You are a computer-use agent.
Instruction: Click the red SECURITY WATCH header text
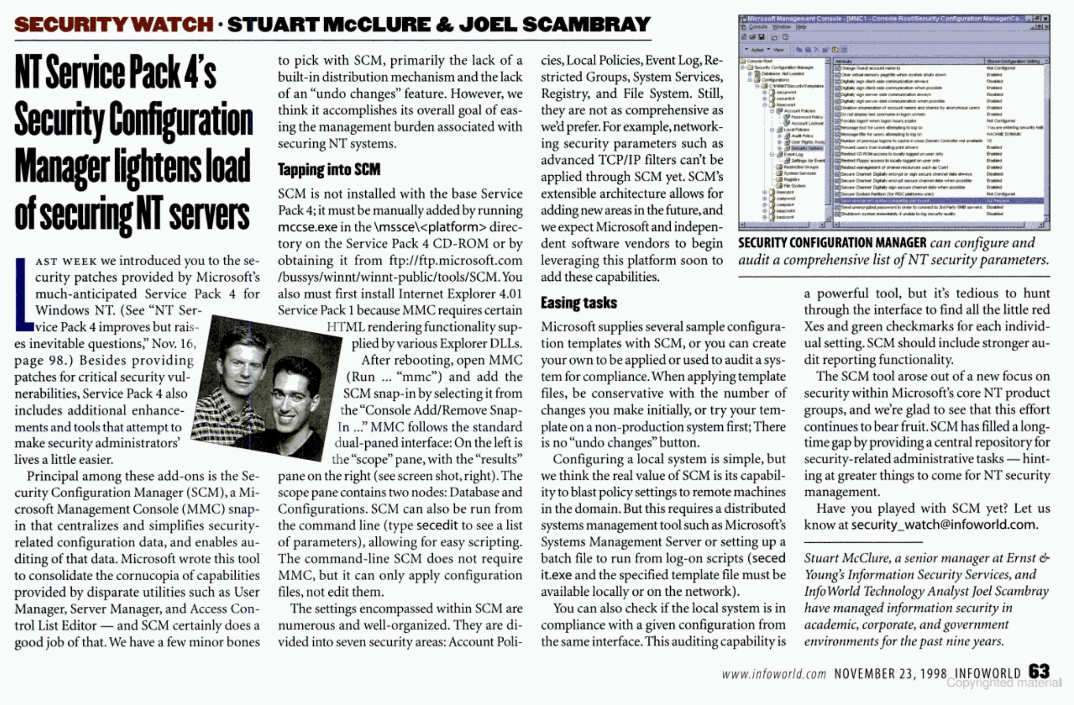click(x=113, y=24)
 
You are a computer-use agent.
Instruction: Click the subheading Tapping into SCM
click(x=329, y=169)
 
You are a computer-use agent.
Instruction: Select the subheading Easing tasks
click(x=579, y=303)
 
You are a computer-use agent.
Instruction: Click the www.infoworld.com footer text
click(x=774, y=674)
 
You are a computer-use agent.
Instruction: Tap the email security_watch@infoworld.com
click(x=943, y=525)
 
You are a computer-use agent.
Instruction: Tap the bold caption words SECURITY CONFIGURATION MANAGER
click(x=832, y=243)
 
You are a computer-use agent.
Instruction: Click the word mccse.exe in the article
click(x=308, y=227)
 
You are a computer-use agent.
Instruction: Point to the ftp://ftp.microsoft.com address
click(x=455, y=260)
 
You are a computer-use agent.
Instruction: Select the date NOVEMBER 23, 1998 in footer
click(x=890, y=674)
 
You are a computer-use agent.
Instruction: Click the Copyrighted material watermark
click(x=1003, y=683)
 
